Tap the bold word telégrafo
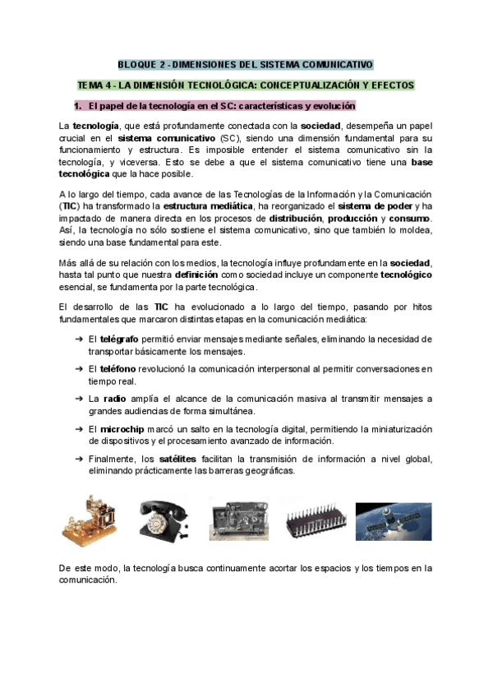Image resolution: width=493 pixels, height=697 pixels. click(122, 339)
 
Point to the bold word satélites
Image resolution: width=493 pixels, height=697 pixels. click(181, 458)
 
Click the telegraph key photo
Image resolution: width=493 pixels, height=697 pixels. click(87, 519)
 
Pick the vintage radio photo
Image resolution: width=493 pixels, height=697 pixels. click(239, 519)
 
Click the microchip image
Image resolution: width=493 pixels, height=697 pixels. click(313, 519)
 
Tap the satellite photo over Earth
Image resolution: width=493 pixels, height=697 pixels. click(393, 519)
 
